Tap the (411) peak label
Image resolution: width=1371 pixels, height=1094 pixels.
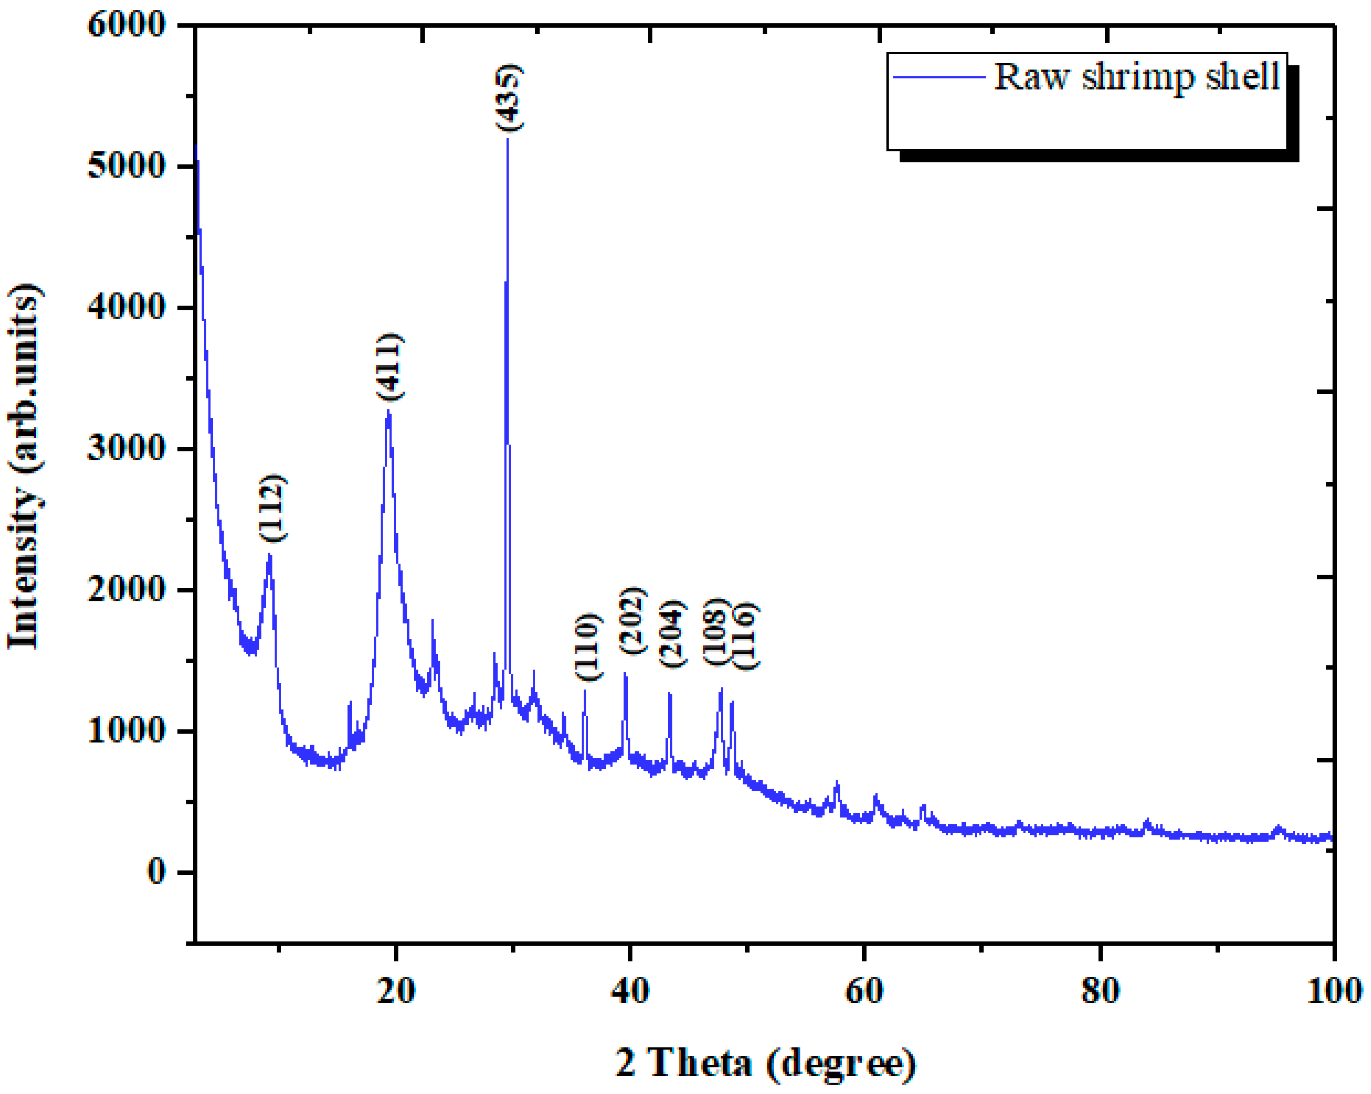pyautogui.click(x=389, y=367)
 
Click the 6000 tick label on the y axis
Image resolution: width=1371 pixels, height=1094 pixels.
pyautogui.click(x=126, y=25)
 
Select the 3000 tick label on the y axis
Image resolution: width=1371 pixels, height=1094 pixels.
pyautogui.click(x=126, y=449)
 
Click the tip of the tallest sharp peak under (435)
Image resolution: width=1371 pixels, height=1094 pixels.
pyautogui.click(x=507, y=139)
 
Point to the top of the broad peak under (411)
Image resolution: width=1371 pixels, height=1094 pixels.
pyautogui.click(x=388, y=413)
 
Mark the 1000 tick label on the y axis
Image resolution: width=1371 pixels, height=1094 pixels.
pyautogui.click(x=126, y=731)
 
